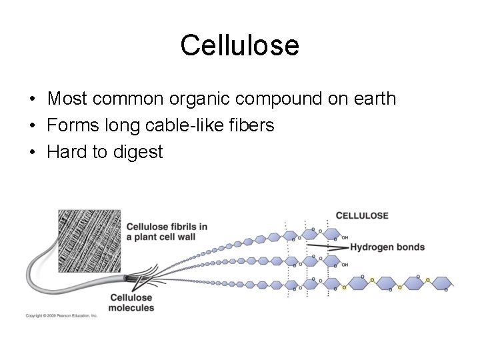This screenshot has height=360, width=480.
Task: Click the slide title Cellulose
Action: (x=239, y=45)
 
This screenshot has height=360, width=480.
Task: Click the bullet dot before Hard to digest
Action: (x=32, y=153)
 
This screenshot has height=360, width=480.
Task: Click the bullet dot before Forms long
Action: (x=32, y=126)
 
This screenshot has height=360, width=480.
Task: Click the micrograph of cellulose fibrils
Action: (x=89, y=240)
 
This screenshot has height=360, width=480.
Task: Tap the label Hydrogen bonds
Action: (x=387, y=247)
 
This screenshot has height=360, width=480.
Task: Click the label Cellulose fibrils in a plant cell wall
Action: (x=167, y=231)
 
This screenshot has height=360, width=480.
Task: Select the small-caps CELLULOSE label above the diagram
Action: (x=362, y=215)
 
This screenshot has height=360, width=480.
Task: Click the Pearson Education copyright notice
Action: (x=62, y=315)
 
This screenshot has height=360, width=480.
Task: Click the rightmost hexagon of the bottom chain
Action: (x=441, y=283)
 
